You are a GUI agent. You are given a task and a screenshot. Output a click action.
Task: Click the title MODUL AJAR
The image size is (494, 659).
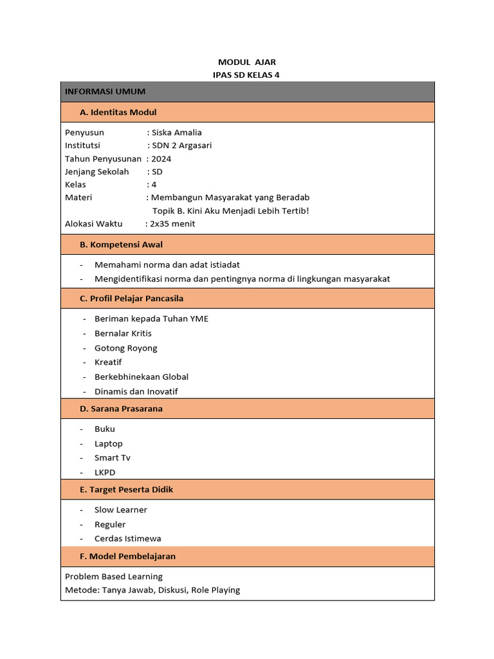[247, 62]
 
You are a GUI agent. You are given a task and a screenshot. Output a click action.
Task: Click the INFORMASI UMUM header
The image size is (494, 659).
[105, 91]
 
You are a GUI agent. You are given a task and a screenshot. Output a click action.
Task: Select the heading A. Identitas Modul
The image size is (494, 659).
[118, 112]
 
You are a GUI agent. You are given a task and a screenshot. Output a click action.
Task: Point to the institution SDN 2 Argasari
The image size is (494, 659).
[181, 145]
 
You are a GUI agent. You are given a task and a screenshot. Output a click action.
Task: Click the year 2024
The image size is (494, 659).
[161, 158]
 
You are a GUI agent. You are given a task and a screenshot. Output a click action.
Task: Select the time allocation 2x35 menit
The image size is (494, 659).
[172, 224]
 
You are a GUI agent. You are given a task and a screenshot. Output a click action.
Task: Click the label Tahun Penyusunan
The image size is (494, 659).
[103, 158]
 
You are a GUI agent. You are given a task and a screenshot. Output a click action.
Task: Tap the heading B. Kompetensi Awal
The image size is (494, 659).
[121, 245]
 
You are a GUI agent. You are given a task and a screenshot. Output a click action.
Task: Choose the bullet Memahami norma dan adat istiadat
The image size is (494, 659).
[167, 265]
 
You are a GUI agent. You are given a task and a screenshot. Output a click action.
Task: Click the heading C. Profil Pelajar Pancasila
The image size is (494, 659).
[131, 299]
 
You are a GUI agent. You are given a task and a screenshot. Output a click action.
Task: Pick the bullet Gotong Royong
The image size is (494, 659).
[125, 348]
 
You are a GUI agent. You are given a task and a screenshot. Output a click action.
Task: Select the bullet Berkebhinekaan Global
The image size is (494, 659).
[142, 377]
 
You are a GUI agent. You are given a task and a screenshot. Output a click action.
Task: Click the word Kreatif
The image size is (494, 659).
[108, 362]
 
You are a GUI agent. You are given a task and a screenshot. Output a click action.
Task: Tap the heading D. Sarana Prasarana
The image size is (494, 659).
[121, 409]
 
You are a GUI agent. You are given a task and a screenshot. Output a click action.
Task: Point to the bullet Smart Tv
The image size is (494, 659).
[112, 458]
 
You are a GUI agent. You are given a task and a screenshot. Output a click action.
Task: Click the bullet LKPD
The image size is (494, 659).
[105, 472]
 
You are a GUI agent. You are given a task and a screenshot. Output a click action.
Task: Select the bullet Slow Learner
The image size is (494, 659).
[121, 510]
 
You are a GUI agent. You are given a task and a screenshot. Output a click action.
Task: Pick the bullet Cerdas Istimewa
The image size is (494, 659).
[128, 539]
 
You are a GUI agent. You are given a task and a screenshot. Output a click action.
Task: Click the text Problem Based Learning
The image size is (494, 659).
[114, 577]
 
